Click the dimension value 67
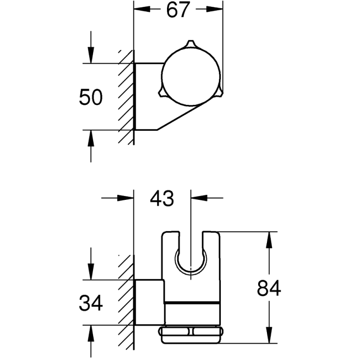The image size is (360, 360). pos(178,10)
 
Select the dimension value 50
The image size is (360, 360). pos(91,97)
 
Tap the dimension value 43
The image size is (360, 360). pos(162,198)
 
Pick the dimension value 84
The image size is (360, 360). pos(269,288)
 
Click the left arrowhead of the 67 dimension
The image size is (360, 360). pos(142,9)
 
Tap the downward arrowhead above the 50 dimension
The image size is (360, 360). pos(91,55)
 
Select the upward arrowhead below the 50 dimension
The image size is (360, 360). pos(91,138)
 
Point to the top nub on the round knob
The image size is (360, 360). pos(191,44)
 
